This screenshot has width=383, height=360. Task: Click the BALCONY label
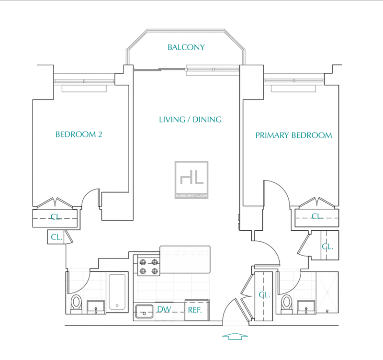pos(186,47)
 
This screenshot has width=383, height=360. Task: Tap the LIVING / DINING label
pos(190,119)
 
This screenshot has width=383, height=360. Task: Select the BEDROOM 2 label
pos(79,135)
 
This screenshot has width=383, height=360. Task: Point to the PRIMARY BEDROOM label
pos(293,135)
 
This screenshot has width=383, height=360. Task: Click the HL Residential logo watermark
pos(191,180)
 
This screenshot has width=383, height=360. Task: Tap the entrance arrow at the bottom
pos(235,337)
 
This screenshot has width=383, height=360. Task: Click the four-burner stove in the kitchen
pos(148,266)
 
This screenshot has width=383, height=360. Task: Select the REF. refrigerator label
pos(195,310)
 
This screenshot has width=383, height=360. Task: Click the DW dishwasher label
pos(164,309)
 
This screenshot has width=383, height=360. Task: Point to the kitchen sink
pos(145,311)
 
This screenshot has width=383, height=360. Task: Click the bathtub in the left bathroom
pos(117,292)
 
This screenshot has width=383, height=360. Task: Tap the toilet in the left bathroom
pos(76,304)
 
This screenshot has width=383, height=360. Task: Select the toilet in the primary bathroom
pos(286,304)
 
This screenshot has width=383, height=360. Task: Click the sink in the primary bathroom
pos(306,307)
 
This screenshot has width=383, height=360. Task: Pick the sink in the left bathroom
pos(96,307)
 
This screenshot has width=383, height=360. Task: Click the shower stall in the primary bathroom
pos(327,292)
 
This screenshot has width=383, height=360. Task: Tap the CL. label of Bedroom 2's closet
pos(56,217)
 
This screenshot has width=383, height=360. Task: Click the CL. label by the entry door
pos(264,295)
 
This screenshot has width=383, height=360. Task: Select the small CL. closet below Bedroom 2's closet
pos(56,237)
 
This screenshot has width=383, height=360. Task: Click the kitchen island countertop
pos(185,259)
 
